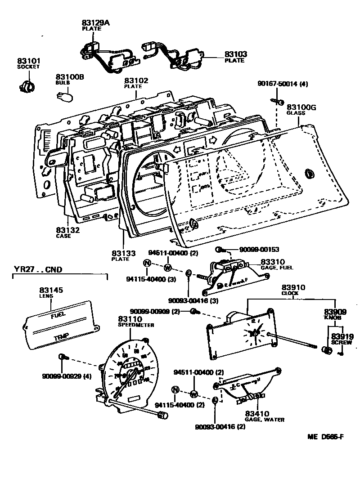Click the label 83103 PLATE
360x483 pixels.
[x=236, y=57]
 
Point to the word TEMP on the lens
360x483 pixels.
[x=60, y=337]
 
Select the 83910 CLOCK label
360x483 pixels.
[x=293, y=290]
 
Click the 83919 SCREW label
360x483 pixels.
[x=342, y=339]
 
